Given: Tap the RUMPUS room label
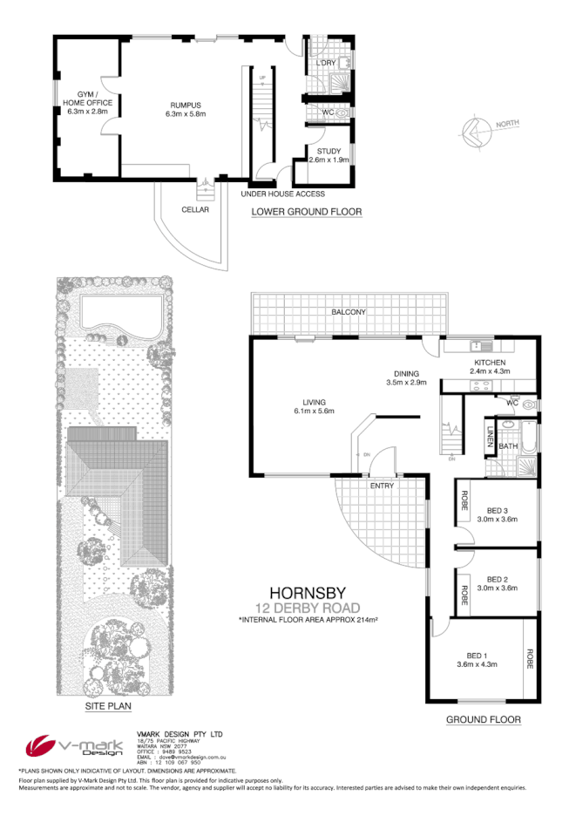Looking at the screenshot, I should click(x=186, y=104).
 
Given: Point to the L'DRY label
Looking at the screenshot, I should click(x=326, y=64).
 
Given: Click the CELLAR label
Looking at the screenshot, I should click(x=195, y=209).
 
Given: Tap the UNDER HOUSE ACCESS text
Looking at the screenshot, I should click(x=282, y=194).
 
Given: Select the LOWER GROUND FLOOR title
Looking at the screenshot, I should click(x=306, y=212).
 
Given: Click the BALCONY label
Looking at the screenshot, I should click(x=348, y=311).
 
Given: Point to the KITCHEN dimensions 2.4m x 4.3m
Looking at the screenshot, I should click(x=491, y=371).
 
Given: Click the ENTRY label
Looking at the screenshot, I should click(x=382, y=486).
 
